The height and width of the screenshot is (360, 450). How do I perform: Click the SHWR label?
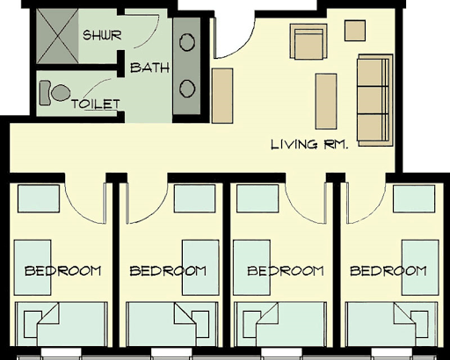102,35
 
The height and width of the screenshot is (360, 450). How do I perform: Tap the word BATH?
149,68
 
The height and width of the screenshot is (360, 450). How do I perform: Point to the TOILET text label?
96,104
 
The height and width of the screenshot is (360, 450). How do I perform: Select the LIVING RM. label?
309,144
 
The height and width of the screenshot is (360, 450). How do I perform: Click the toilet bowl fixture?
54,93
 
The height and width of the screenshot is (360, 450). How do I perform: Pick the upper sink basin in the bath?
187,42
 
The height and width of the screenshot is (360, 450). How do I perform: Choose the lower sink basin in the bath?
187,89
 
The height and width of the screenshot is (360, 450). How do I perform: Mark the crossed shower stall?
58,36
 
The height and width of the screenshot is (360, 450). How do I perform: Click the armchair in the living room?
308,42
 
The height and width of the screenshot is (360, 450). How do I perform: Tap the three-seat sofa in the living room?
374,100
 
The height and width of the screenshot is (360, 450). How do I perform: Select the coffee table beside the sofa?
326,101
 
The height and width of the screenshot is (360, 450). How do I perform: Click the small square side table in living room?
355,31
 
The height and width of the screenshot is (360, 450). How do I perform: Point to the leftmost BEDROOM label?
62,270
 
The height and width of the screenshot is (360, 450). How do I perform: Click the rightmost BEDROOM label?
388,270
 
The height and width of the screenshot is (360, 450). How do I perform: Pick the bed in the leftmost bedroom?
62,324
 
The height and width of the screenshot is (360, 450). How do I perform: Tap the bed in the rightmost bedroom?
392,324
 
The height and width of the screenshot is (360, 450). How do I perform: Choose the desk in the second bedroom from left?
200,268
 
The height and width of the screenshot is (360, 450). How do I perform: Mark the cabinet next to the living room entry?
222,96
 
